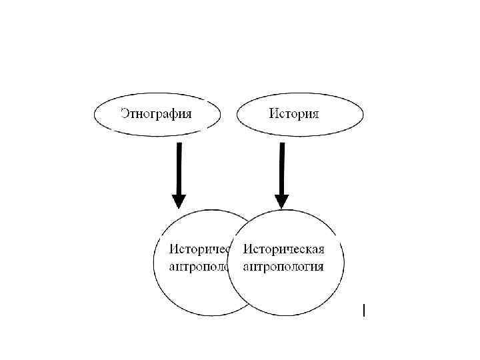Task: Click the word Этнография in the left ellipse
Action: click(156, 113)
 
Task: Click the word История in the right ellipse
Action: click(294, 113)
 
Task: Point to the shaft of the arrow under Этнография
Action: click(179, 167)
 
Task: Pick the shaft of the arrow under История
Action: click(282, 167)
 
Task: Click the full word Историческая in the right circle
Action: click(284, 249)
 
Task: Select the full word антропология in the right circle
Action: click(284, 267)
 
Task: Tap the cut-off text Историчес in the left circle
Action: click(199, 249)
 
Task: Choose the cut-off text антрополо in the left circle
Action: click(199, 267)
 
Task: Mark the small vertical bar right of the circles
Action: click(364, 309)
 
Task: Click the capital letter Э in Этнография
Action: click(125, 113)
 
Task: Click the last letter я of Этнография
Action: click(188, 113)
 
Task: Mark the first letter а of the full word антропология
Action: click(247, 267)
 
